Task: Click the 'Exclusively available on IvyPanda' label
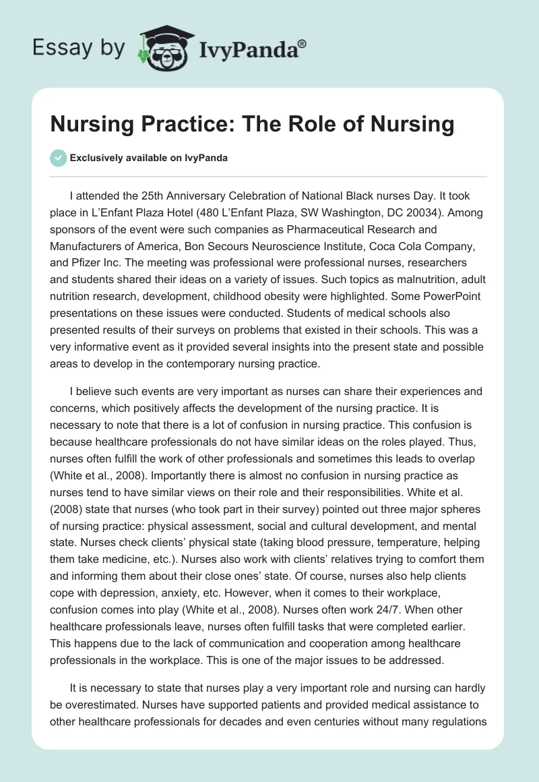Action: [x=148, y=158]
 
